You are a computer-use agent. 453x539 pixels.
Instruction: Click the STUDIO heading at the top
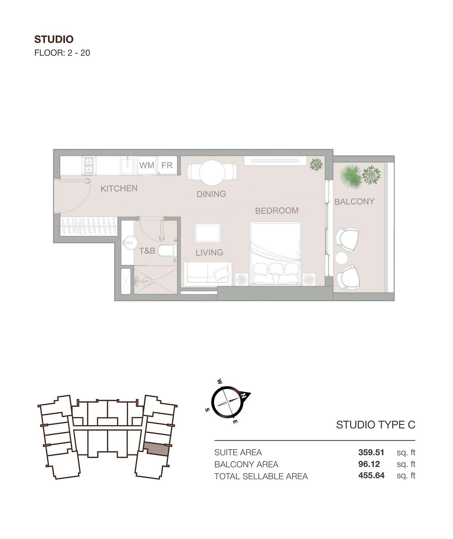click(x=54, y=39)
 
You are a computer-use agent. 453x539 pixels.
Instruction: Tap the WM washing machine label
click(x=147, y=165)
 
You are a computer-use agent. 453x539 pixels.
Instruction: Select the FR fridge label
click(x=167, y=165)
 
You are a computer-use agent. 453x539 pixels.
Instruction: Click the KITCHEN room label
click(x=119, y=188)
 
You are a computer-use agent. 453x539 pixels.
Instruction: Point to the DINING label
click(x=211, y=194)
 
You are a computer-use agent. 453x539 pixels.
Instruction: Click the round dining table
click(x=212, y=173)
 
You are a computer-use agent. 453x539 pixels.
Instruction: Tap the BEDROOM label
click(x=277, y=211)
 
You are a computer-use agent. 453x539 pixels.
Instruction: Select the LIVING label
click(x=209, y=252)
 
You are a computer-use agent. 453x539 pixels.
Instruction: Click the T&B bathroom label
click(x=147, y=251)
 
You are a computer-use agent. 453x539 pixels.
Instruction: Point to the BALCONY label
click(x=354, y=201)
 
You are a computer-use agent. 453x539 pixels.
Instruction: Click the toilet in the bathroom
click(x=167, y=251)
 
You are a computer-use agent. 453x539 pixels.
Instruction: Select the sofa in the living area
click(x=208, y=273)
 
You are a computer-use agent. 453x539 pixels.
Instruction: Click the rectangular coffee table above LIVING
click(x=208, y=233)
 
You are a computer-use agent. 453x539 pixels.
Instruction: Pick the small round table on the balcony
click(x=341, y=258)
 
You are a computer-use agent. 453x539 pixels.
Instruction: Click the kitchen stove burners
click(x=89, y=165)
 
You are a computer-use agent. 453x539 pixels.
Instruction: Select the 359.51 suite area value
click(x=371, y=452)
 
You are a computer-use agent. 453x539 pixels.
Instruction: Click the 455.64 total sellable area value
click(x=371, y=475)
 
